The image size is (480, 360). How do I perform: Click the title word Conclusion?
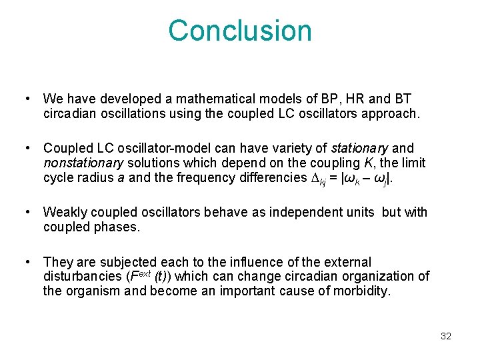(240, 31)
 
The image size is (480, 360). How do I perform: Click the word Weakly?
(65, 213)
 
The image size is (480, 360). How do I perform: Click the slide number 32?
(446, 336)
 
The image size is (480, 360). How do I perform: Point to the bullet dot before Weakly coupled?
(27, 213)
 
